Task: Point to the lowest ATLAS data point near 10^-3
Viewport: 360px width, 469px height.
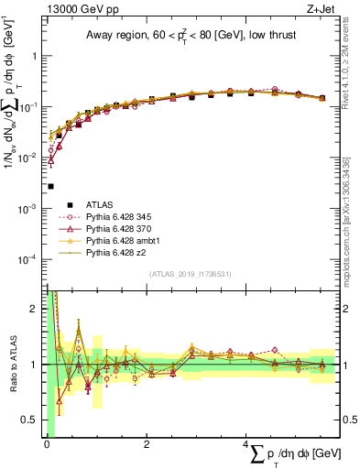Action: click(50, 186)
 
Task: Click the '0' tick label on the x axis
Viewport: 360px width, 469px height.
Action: click(47, 444)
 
